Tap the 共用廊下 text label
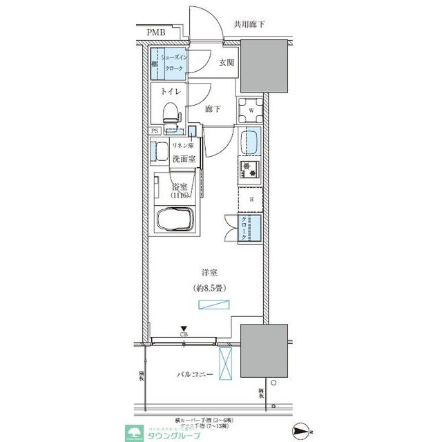(249, 24)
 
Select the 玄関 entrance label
(227, 64)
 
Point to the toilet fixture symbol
(171, 113)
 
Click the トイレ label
(171, 91)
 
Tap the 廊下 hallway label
(213, 109)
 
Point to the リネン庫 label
(183, 144)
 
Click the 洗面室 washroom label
(184, 159)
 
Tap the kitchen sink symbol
(249, 144)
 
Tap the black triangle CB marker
(183, 329)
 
